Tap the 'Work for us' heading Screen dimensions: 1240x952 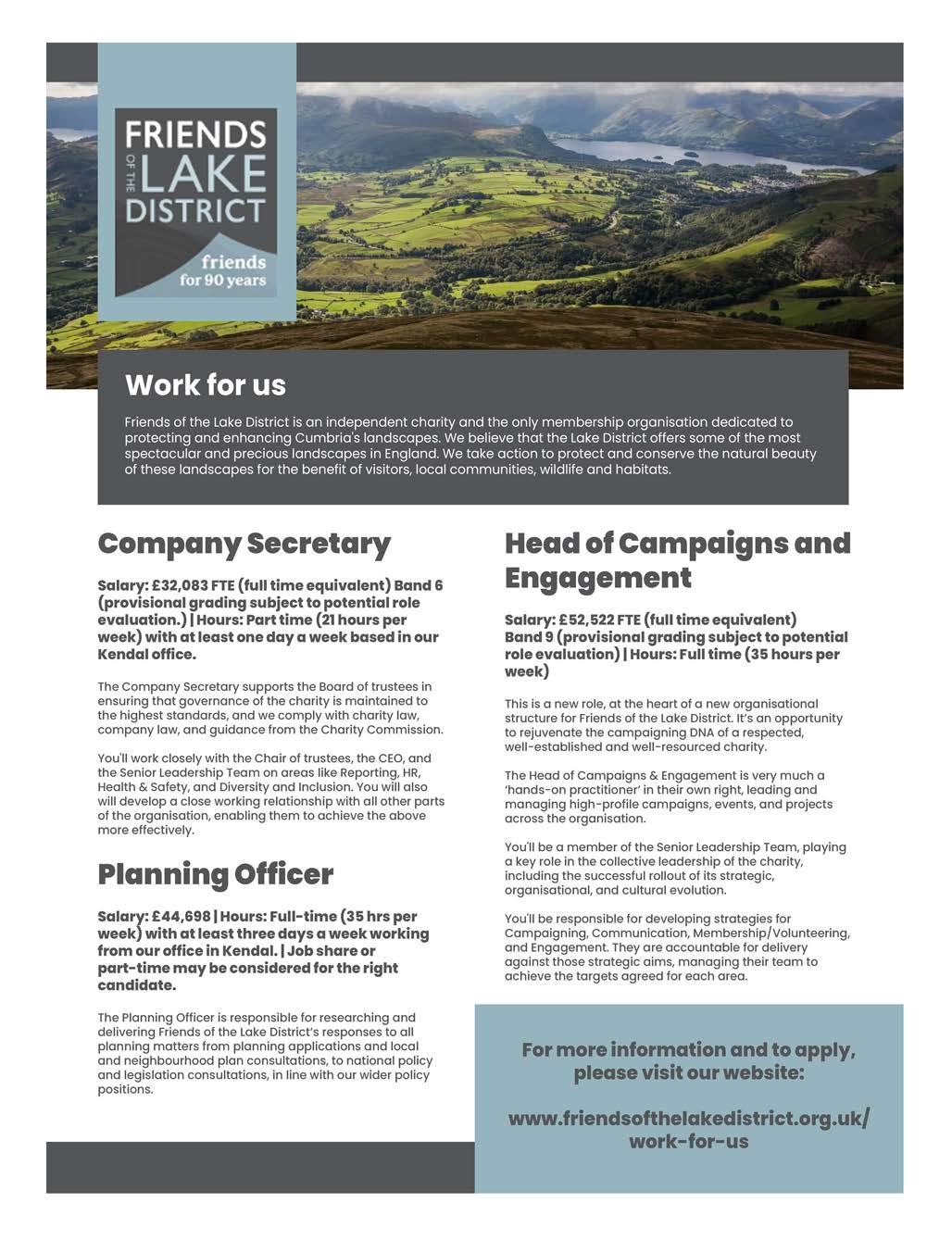tap(205, 384)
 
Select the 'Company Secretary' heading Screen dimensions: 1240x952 tap(244, 544)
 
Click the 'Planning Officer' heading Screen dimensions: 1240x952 tap(215, 874)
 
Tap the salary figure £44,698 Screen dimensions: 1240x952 tap(181, 917)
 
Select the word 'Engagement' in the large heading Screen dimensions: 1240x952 tap(597, 578)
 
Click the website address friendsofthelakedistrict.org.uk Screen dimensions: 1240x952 tap(688, 1118)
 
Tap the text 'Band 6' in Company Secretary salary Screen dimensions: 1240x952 tap(418, 585)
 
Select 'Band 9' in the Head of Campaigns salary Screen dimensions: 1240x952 tap(529, 637)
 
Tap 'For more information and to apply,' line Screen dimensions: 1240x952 tap(688, 1049)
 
